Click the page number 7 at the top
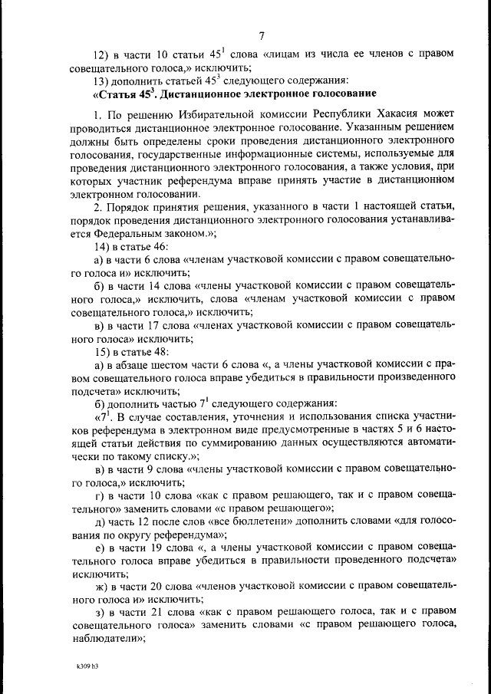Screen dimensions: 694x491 pos(261,36)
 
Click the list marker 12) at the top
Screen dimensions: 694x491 pos(101,54)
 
